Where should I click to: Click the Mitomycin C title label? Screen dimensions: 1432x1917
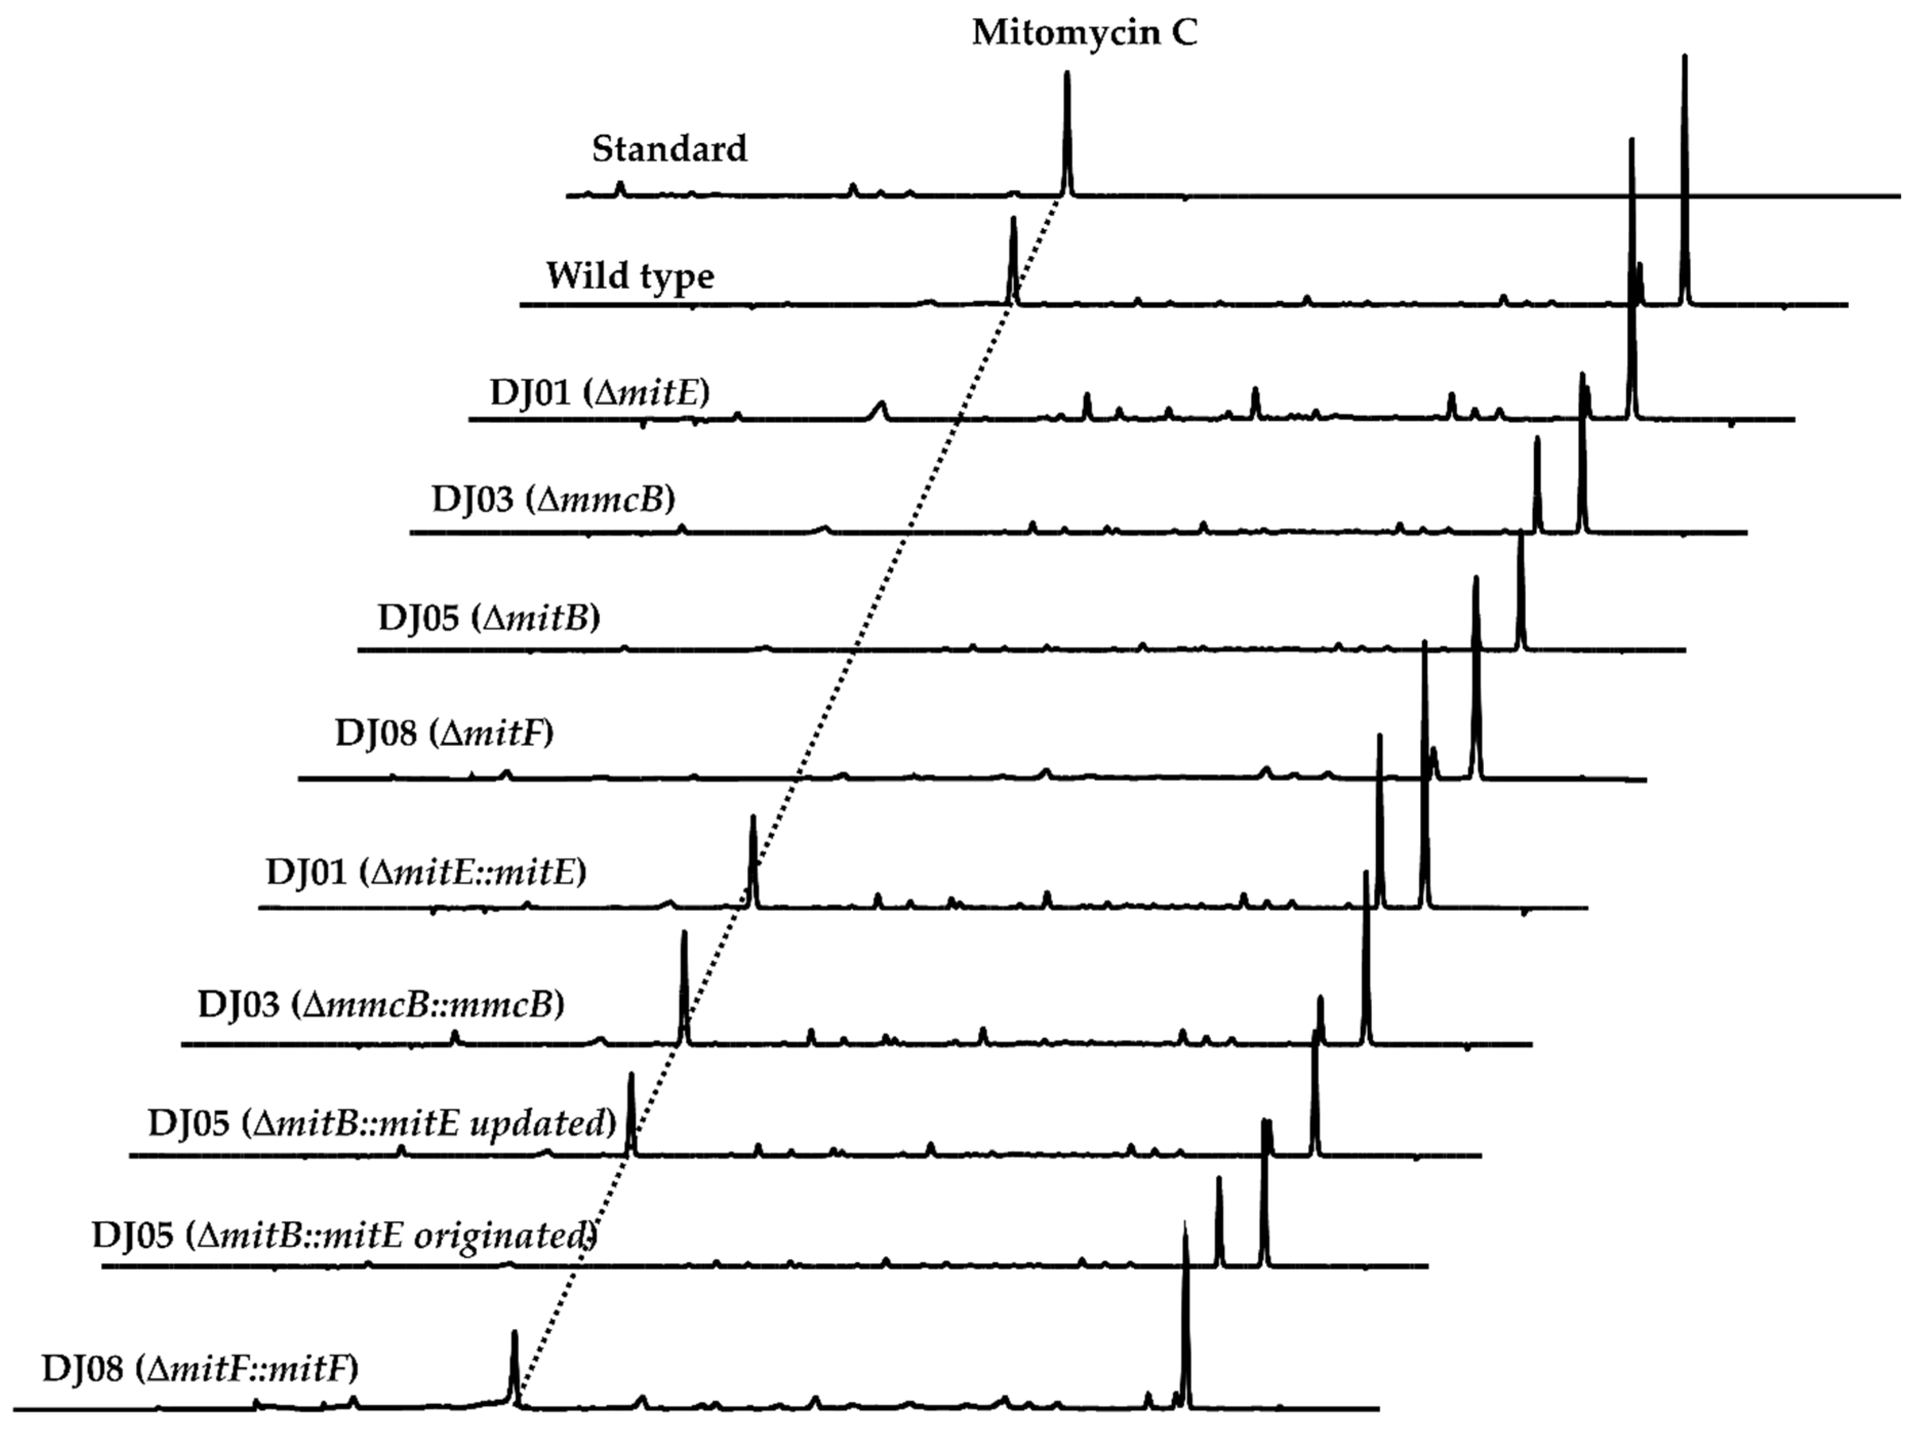tap(1084, 33)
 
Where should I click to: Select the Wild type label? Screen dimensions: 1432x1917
tap(630, 276)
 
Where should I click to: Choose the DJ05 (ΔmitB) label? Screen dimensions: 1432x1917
tap(489, 618)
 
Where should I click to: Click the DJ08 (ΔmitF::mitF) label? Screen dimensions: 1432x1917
tap(199, 1369)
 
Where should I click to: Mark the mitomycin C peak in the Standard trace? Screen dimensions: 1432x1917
tap(1067, 130)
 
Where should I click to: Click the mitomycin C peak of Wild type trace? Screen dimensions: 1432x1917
tap(1012, 260)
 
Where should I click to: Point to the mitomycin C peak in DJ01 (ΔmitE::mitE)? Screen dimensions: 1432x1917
tap(752, 858)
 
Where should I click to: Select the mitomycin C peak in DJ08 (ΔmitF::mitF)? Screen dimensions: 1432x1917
tap(514, 1365)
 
